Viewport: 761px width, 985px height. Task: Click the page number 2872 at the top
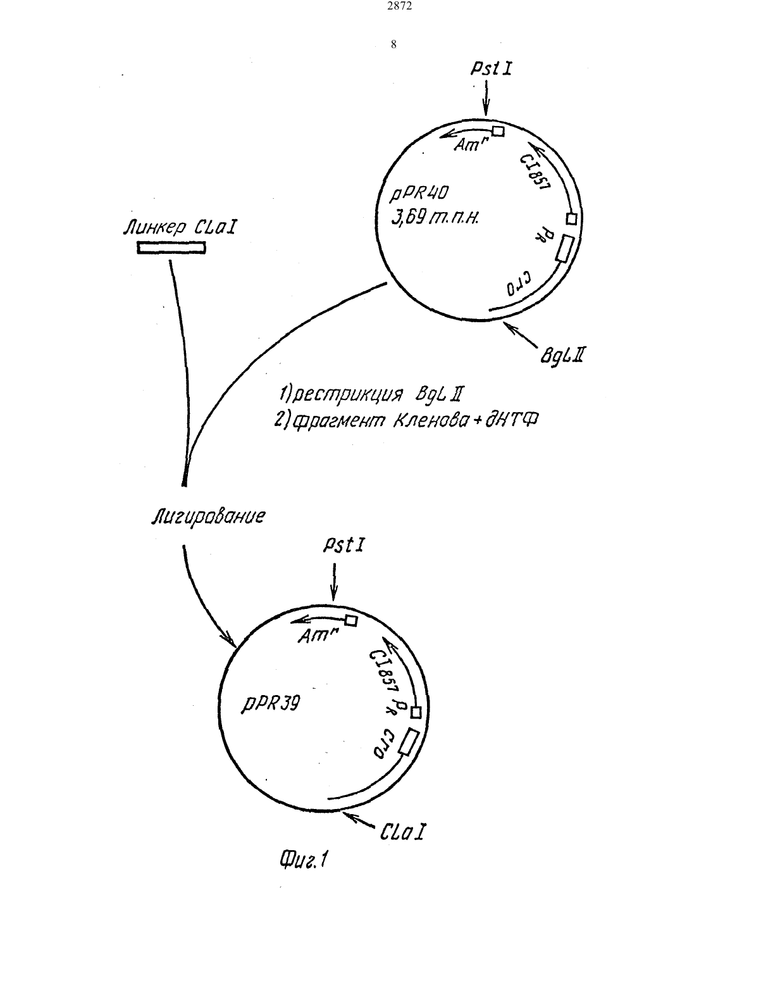[x=400, y=6]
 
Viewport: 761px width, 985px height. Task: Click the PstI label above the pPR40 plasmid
[x=491, y=68]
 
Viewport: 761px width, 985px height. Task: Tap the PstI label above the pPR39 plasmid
[x=343, y=545]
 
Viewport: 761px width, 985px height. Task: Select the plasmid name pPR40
[x=419, y=194]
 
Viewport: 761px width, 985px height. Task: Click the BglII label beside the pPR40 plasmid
[x=562, y=355]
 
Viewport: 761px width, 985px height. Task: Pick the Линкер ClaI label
[x=180, y=227]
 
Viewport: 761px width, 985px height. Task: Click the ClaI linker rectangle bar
[x=171, y=248]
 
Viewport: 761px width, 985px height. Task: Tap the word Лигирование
[x=208, y=517]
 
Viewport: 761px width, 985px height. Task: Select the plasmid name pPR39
[x=270, y=704]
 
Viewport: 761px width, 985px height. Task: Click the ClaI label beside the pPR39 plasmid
[x=402, y=831]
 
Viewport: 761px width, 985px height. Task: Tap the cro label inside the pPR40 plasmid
[x=519, y=284]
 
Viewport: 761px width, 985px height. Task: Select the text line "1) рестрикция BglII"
[x=371, y=394]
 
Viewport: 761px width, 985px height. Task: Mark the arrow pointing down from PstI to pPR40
[x=486, y=98]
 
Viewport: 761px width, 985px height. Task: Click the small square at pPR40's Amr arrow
[x=498, y=132]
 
